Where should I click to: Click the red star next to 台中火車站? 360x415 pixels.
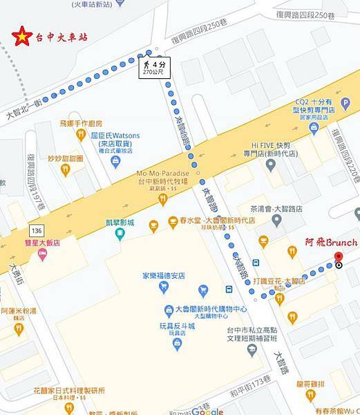23,36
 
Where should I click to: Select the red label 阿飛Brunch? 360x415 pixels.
331,242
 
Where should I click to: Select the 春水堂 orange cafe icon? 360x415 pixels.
155,223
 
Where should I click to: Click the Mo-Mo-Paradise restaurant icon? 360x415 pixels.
163,200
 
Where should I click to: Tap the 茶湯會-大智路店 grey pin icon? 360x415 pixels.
277,221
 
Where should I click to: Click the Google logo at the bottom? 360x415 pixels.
207,411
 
